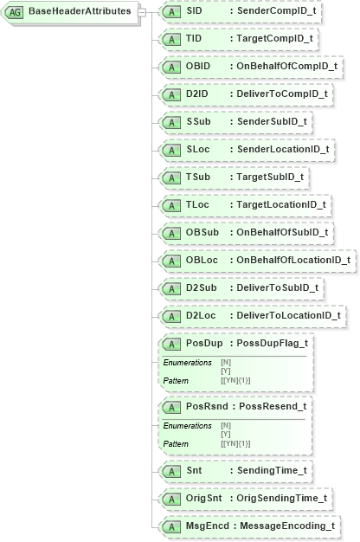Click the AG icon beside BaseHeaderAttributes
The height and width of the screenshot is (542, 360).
15,12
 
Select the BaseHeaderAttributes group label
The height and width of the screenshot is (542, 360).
79,12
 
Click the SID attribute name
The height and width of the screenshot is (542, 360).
195,12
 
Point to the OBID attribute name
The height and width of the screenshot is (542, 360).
199,66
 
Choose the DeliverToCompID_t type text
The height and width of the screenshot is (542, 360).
281,93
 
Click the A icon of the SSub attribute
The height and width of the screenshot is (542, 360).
170,121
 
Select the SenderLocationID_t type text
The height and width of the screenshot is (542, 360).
282,149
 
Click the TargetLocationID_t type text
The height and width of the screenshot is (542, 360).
280,204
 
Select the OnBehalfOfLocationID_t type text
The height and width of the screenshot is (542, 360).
292,260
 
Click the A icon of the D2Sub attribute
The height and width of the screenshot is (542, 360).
170,287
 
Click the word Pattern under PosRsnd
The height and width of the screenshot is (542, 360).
177,443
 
